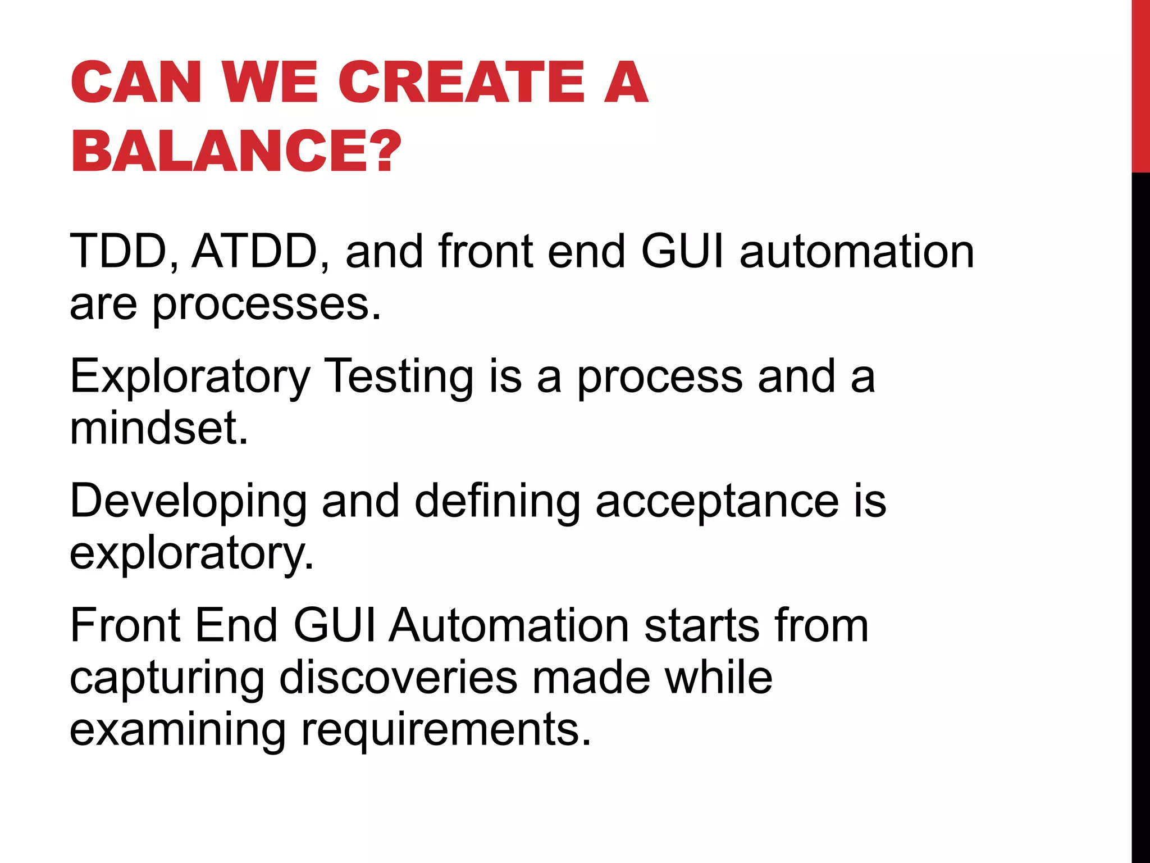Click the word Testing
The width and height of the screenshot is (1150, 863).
(400, 376)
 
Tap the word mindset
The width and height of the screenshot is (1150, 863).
(158, 428)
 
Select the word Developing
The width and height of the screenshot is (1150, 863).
(188, 502)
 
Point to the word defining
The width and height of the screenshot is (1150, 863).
(497, 501)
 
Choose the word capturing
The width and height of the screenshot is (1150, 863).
(167, 679)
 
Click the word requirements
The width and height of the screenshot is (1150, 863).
(446, 730)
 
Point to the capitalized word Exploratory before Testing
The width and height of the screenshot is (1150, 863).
(190, 377)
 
